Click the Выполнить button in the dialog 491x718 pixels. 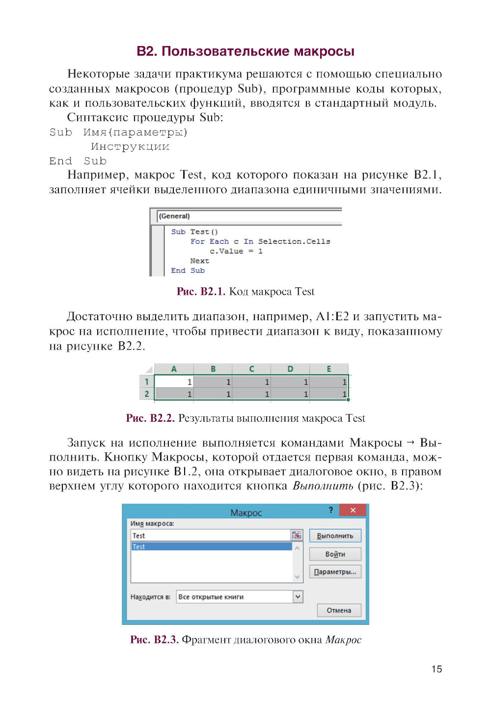pos(335,536)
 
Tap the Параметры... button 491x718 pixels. pos(335,572)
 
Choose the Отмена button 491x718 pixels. pos(339,610)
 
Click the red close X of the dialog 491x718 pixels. pos(353,511)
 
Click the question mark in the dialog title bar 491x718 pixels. pos(330,511)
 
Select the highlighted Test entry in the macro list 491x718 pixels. pos(211,546)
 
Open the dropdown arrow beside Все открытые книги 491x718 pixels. pos(298,596)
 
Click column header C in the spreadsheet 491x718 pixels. pos(251,369)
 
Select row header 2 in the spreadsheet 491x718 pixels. pos(146,394)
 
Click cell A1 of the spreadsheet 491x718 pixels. pos(174,382)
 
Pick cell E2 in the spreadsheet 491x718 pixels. pos(329,394)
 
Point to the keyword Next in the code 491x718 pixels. pos(199,261)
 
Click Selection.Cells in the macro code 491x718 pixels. pos(294,241)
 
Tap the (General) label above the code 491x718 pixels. pos(174,216)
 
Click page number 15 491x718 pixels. pos(436,669)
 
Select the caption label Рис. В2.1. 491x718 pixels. pos(201,291)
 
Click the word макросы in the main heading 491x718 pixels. pos(324,51)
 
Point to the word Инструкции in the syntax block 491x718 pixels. pos(130,147)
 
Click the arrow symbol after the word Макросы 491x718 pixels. pos(411,442)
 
